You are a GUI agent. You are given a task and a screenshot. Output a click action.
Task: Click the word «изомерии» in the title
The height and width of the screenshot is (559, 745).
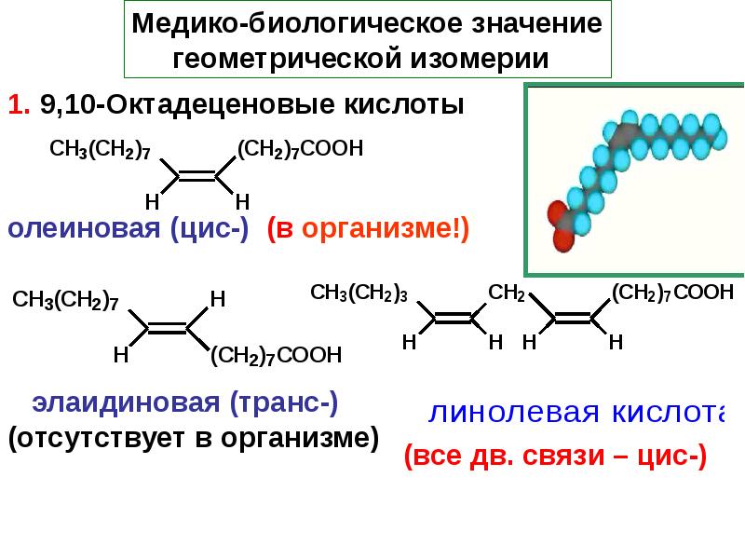point(480,59)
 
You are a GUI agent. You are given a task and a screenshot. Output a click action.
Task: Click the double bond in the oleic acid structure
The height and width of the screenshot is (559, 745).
point(197,176)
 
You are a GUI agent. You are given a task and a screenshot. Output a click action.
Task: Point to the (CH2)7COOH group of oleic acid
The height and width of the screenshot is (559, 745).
point(300,149)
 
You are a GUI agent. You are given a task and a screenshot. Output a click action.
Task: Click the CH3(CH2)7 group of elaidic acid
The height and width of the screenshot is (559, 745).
point(65,300)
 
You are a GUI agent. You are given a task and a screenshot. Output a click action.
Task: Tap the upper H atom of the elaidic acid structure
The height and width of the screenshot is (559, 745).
point(218,299)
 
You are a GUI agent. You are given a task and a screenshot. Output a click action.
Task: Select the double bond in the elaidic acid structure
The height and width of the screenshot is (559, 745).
point(168,328)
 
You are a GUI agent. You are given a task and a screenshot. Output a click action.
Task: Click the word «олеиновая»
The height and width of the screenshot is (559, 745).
point(84,228)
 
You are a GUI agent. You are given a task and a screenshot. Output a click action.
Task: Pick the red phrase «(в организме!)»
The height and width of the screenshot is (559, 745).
point(368,228)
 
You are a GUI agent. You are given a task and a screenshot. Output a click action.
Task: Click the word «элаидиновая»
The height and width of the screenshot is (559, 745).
point(126,402)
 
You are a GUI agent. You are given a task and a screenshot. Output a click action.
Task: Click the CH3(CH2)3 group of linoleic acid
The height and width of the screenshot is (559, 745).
point(359,293)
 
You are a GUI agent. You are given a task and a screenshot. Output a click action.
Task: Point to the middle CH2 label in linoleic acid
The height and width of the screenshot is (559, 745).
point(507,293)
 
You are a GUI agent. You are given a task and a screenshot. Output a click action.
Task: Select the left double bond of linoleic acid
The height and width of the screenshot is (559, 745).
point(453,318)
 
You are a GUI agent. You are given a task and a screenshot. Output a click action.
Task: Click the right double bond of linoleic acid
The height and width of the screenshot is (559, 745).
point(573,318)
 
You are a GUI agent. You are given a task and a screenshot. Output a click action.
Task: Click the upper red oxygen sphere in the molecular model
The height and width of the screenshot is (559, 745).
point(556,212)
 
